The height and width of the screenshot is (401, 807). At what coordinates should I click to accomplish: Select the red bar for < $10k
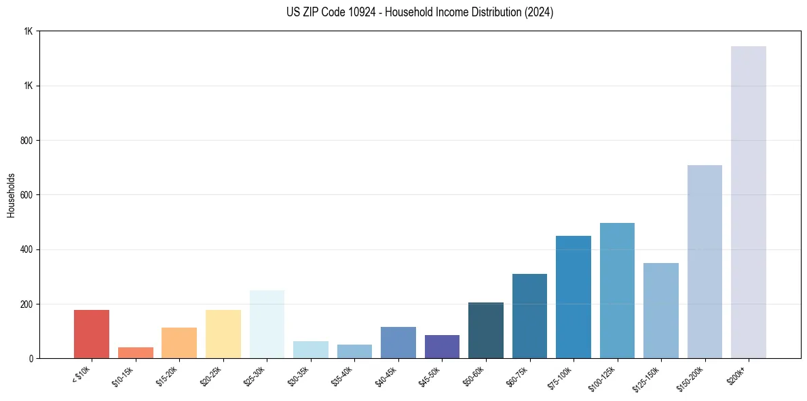coord(92,334)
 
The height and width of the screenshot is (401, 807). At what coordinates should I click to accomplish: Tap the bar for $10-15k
coord(135,352)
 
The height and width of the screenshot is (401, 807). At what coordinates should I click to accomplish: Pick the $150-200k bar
coord(705,262)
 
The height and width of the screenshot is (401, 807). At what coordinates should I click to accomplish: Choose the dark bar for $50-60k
coord(486,330)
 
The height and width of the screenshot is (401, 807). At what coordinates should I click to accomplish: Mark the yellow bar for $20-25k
coord(223,334)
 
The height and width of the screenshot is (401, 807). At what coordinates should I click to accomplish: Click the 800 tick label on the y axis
coord(26,141)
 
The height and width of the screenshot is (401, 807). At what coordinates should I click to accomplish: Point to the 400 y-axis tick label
coord(26,249)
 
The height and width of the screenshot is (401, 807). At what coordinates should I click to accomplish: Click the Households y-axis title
coord(12,195)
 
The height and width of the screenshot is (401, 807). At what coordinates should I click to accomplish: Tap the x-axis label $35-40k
coord(345,377)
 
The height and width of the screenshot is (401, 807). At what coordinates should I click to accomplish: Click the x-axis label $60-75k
coord(521,377)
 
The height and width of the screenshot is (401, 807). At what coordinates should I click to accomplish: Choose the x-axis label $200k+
coord(738,375)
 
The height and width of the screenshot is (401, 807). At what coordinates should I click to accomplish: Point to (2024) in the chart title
coord(539,12)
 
